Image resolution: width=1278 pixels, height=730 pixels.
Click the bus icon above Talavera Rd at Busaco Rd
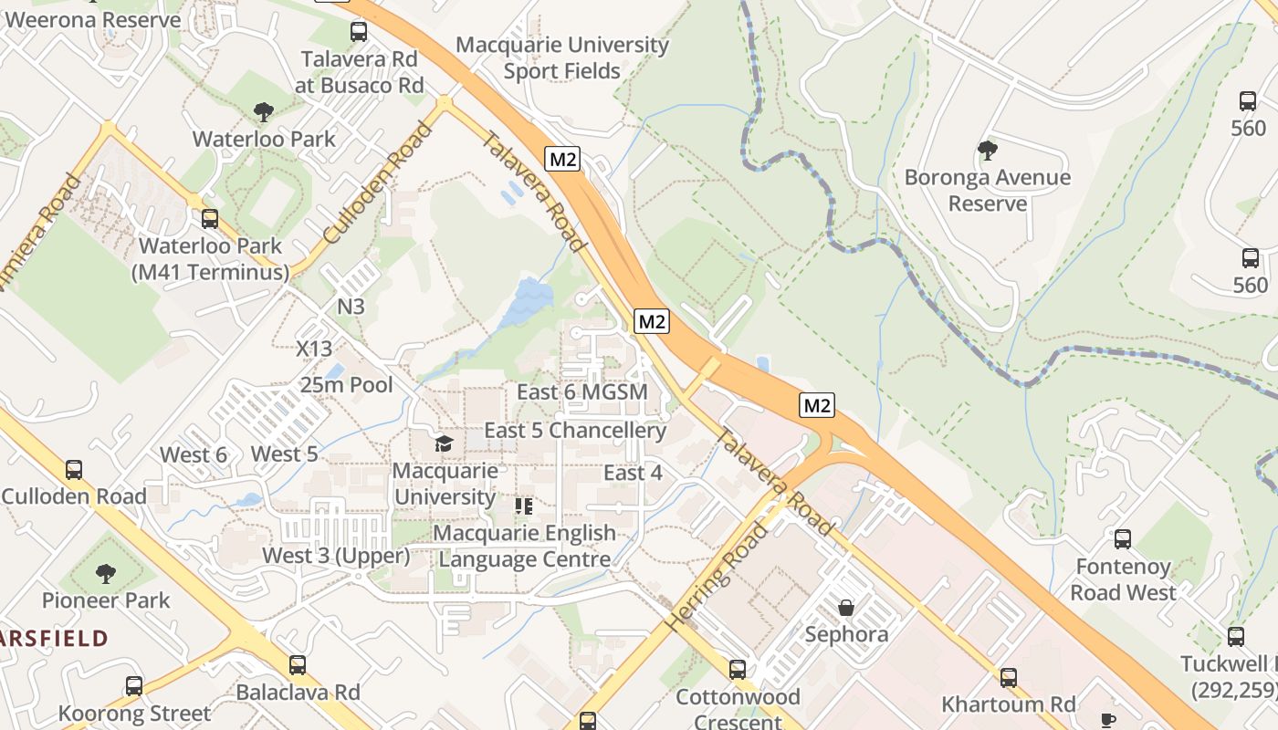click(x=359, y=32)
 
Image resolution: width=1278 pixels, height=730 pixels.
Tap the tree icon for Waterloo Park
click(x=264, y=112)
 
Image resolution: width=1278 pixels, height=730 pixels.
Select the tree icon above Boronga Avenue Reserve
click(x=987, y=150)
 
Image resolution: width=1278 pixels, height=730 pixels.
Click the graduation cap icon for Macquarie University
click(x=444, y=443)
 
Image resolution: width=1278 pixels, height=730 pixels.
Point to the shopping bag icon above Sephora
click(x=846, y=607)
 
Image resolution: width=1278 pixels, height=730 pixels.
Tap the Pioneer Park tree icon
click(x=106, y=573)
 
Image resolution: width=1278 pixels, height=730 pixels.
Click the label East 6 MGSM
click(x=581, y=391)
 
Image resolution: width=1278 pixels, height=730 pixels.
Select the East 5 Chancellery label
click(x=575, y=430)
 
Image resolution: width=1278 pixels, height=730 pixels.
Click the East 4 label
click(x=633, y=473)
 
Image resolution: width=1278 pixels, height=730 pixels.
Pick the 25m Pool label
click(x=347, y=384)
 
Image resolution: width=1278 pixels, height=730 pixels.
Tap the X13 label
click(x=314, y=348)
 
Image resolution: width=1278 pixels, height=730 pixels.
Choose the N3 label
click(x=351, y=306)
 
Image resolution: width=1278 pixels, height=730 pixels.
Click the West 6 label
click(x=194, y=454)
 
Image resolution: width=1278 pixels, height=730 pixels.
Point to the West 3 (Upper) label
click(x=336, y=555)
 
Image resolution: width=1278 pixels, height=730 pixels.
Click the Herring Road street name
click(x=718, y=578)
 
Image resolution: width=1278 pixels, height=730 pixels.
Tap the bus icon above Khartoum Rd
click(x=1008, y=677)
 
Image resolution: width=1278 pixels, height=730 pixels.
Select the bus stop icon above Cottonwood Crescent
click(x=738, y=670)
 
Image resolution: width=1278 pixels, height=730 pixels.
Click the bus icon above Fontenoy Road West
click(x=1122, y=539)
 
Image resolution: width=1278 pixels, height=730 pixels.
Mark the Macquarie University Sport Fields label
click(x=561, y=57)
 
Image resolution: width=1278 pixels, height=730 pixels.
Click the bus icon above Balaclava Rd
click(x=297, y=665)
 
